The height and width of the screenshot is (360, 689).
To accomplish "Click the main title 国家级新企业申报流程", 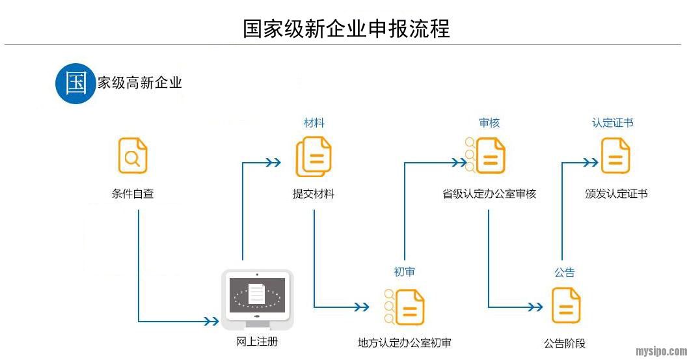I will tap(346, 29).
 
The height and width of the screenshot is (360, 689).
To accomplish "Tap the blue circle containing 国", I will tap(76, 83).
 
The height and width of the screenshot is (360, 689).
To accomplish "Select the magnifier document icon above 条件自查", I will tap(133, 156).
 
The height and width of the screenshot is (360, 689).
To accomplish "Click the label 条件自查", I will tap(133, 193).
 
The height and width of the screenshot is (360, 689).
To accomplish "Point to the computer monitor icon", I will tap(258, 299).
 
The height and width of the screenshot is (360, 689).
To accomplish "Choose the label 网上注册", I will tap(258, 340).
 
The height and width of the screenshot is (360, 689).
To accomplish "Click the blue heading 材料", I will tap(314, 122).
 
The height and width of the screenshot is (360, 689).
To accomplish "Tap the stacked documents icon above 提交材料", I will tap(314, 157).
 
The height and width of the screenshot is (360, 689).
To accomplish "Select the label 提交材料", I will tap(314, 193).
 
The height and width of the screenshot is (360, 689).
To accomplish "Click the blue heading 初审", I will tap(404, 271).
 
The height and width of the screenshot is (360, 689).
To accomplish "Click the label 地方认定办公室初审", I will tap(405, 343).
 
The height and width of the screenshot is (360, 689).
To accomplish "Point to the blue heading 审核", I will tap(489, 122).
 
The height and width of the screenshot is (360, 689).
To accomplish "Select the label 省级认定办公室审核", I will tap(489, 193).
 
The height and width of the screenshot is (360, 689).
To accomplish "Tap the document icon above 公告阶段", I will tap(566, 305).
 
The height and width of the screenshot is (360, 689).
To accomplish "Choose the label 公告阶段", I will tap(565, 343).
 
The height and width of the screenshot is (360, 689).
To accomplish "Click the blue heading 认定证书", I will tap(612, 122).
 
